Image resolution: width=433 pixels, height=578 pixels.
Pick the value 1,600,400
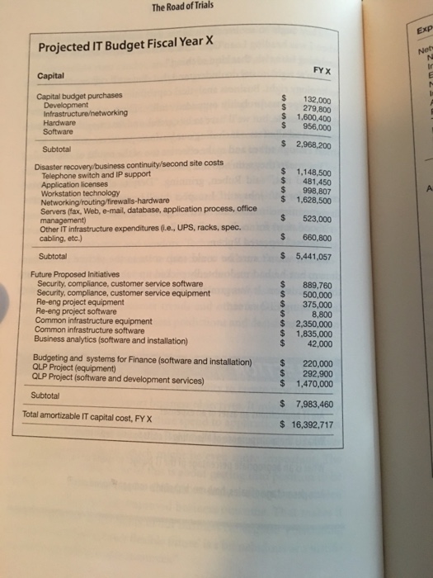(313, 117)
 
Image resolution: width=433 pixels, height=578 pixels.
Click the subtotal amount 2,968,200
(313, 144)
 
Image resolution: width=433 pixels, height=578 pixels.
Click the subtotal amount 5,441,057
(312, 257)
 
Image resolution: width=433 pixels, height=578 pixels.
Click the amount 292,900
(317, 373)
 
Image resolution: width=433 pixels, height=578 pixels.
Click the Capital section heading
(53, 76)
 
